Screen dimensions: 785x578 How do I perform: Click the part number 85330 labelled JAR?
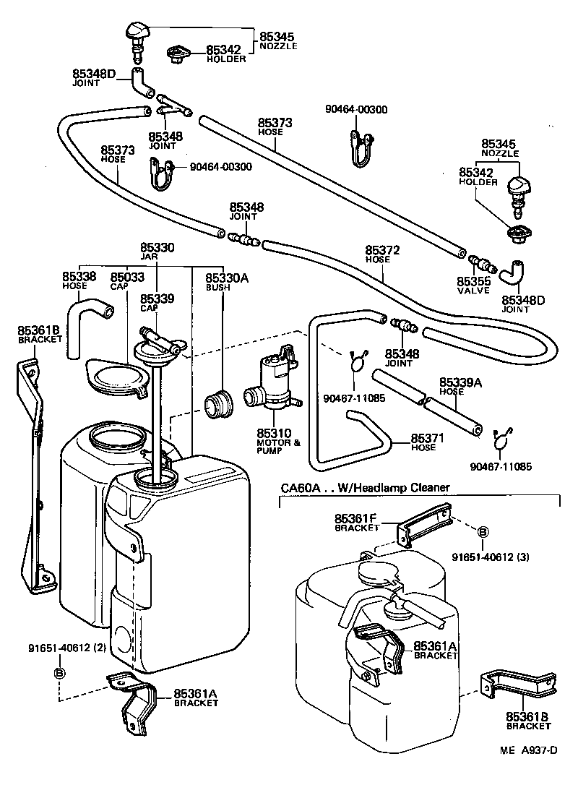(x=158, y=248)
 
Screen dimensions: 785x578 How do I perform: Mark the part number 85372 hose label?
(x=383, y=251)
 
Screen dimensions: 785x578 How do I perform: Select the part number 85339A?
(x=460, y=382)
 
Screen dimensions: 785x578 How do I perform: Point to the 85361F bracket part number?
(x=353, y=518)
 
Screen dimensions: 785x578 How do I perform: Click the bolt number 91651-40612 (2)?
(x=59, y=647)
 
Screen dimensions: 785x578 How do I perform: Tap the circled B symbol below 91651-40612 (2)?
(x=59, y=674)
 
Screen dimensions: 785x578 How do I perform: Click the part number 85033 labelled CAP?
(x=126, y=277)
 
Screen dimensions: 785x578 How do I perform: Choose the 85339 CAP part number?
(x=157, y=299)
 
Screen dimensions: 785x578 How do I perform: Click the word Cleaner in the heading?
(x=428, y=488)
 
